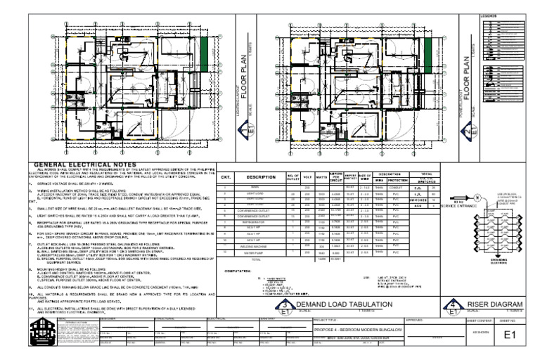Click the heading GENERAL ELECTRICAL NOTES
coord(85,167)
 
